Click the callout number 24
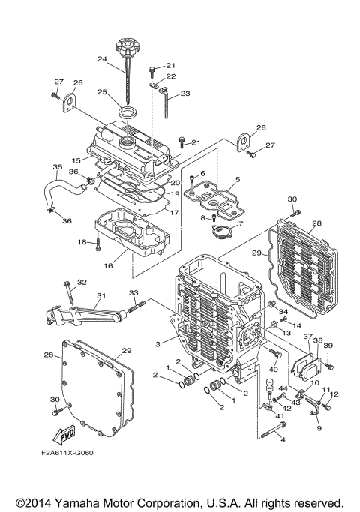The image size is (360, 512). pos(103,58)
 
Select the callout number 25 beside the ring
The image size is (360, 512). pos(103,93)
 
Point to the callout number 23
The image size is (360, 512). pos(185,94)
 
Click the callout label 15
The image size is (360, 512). pos(76,160)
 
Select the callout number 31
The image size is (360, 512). pos(101,295)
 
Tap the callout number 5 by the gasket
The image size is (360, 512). pos(237,179)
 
